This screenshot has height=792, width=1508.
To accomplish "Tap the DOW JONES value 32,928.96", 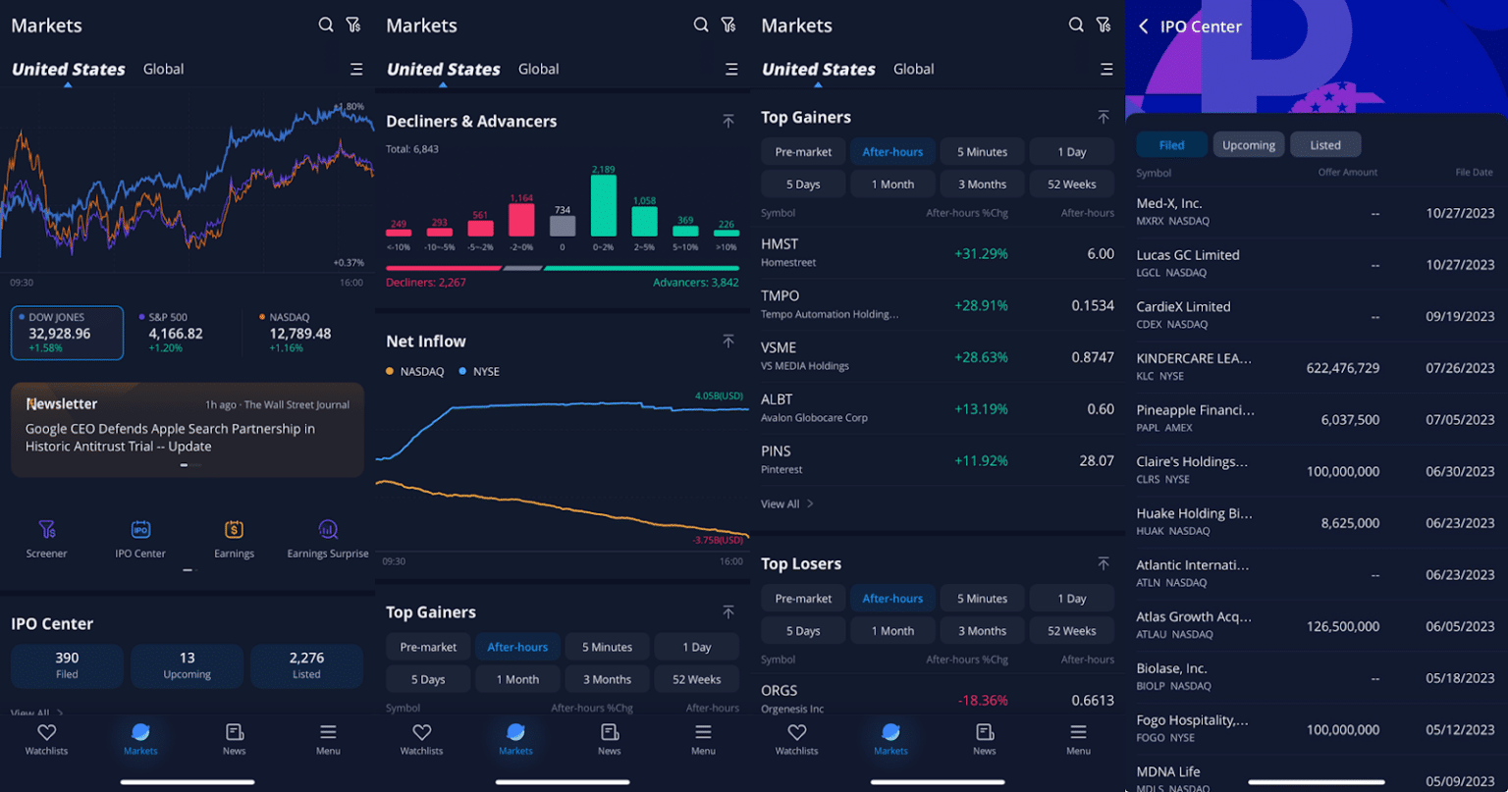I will (60, 334).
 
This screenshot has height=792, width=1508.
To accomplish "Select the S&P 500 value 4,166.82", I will (176, 334).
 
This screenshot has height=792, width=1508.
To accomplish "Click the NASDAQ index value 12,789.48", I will (299, 334).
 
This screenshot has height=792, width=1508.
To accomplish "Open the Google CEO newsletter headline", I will (170, 438).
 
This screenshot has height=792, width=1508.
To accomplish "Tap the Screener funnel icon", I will (46, 530).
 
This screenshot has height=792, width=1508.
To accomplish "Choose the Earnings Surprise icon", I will (328, 530).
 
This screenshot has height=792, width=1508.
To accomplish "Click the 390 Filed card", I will (67, 665).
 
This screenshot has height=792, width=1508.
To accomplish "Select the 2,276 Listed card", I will (306, 665).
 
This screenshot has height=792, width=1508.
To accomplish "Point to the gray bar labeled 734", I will (563, 226).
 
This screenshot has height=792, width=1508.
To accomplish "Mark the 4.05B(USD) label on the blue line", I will (719, 396).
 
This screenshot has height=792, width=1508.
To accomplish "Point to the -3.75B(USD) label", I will (718, 540).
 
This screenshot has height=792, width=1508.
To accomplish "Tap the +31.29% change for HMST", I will (981, 254).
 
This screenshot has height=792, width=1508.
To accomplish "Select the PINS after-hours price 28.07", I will (1096, 460).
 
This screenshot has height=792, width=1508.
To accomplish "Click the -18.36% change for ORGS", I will (981, 701).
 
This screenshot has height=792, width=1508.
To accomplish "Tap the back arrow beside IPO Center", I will (1143, 26).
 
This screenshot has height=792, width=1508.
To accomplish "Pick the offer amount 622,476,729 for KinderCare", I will (1342, 368).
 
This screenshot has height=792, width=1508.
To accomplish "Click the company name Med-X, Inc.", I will (1168, 204).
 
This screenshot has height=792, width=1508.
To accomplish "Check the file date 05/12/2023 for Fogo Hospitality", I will (1460, 730).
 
